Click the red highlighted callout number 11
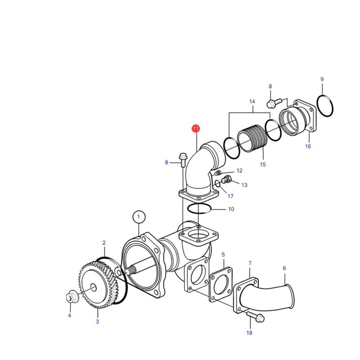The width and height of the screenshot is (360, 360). pyautogui.click(x=196, y=128)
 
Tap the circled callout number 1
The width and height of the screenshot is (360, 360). pyautogui.click(x=139, y=217)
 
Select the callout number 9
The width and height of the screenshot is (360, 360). pyautogui.click(x=322, y=79)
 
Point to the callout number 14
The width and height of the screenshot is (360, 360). pyautogui.click(x=252, y=102)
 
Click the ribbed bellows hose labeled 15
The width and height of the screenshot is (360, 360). pyautogui.click(x=252, y=139)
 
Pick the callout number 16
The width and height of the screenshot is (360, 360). pyautogui.click(x=308, y=146)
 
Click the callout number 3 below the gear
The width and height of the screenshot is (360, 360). pyautogui.click(x=97, y=322)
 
